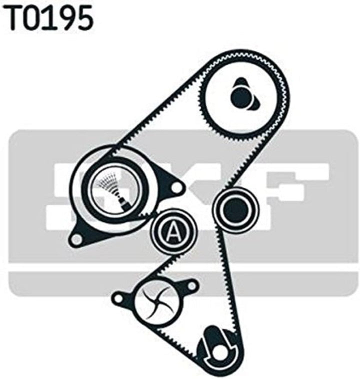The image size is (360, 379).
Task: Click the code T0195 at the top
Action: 49,18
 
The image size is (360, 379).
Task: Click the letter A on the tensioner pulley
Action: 172,230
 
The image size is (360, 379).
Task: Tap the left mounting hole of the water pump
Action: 118,298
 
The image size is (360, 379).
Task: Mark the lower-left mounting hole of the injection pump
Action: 75,239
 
